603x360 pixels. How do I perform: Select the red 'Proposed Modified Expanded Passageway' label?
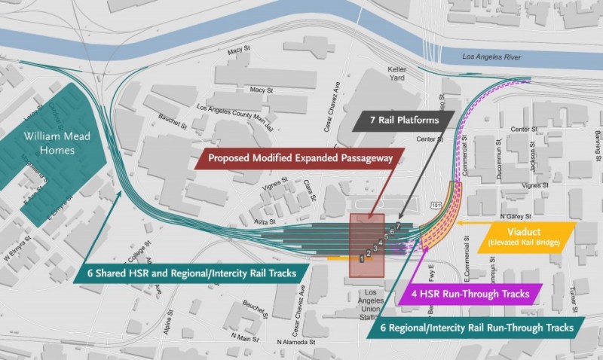click(x=298, y=160)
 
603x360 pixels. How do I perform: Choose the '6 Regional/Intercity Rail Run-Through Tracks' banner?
click(x=482, y=327)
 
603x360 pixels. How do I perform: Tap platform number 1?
click(x=363, y=258)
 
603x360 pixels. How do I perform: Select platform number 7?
click(x=397, y=226)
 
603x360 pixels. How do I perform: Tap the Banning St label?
click(x=595, y=139)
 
